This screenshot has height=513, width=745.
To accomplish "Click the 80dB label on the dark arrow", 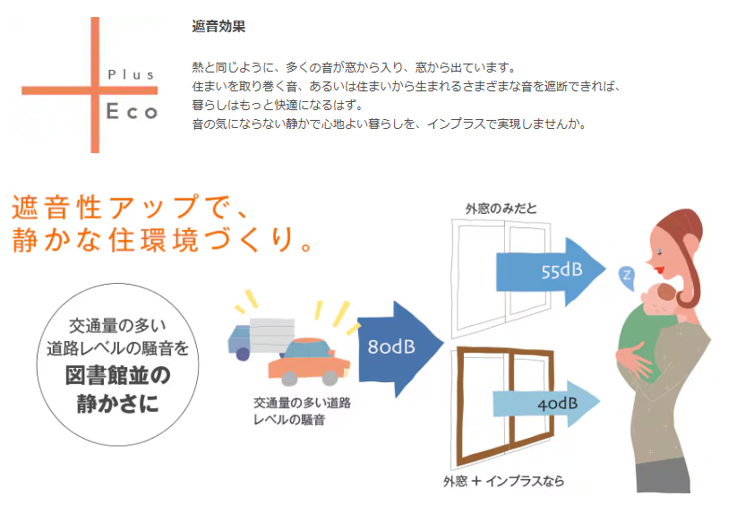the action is pyautogui.click(x=391, y=347).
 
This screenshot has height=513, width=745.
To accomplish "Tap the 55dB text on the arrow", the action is pyautogui.click(x=562, y=270).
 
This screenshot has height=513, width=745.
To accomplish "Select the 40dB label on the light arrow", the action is pyautogui.click(x=558, y=404).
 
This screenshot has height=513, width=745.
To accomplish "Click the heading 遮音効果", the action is pyautogui.click(x=218, y=27).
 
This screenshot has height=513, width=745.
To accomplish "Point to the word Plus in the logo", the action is pyautogui.click(x=131, y=74).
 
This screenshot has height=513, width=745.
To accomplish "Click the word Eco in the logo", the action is pyautogui.click(x=132, y=112).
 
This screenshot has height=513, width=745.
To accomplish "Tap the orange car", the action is pyautogui.click(x=309, y=362).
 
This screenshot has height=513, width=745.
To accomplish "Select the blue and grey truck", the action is pyautogui.click(x=261, y=338).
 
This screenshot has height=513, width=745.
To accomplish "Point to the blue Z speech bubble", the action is pyautogui.click(x=627, y=277).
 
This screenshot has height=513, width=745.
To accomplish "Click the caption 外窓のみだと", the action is pyautogui.click(x=501, y=209).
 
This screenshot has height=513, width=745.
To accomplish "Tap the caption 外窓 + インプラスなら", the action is pyautogui.click(x=503, y=481).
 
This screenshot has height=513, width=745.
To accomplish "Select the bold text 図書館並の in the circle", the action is pyautogui.click(x=118, y=375).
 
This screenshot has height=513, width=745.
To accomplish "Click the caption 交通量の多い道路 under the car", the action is pyautogui.click(x=302, y=403).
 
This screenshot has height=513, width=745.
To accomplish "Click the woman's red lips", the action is pyautogui.click(x=658, y=269).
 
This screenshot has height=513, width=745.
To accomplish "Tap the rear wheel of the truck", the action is pyautogui.click(x=243, y=354).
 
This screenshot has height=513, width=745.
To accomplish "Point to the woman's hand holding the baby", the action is pyautogui.click(x=632, y=359).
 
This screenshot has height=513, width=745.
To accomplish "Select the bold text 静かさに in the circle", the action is pyautogui.click(x=118, y=404).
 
